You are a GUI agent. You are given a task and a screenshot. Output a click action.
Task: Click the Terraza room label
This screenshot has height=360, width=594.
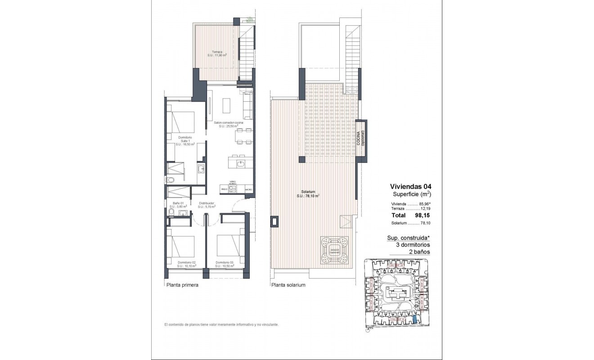tap(217, 54)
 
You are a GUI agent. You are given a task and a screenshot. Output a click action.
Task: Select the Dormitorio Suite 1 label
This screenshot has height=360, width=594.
tap(185, 141)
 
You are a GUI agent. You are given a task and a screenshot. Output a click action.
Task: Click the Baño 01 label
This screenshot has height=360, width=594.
tap(172, 204)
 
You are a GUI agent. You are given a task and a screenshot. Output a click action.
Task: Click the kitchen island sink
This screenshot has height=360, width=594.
tap(241, 163)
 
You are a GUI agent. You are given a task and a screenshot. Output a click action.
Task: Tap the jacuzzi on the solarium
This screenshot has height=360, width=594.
tap(334, 251)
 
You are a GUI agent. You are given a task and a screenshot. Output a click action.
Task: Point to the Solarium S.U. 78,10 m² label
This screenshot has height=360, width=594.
tap(308, 194)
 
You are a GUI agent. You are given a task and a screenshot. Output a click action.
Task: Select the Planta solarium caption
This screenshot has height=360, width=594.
tap(288, 285)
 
